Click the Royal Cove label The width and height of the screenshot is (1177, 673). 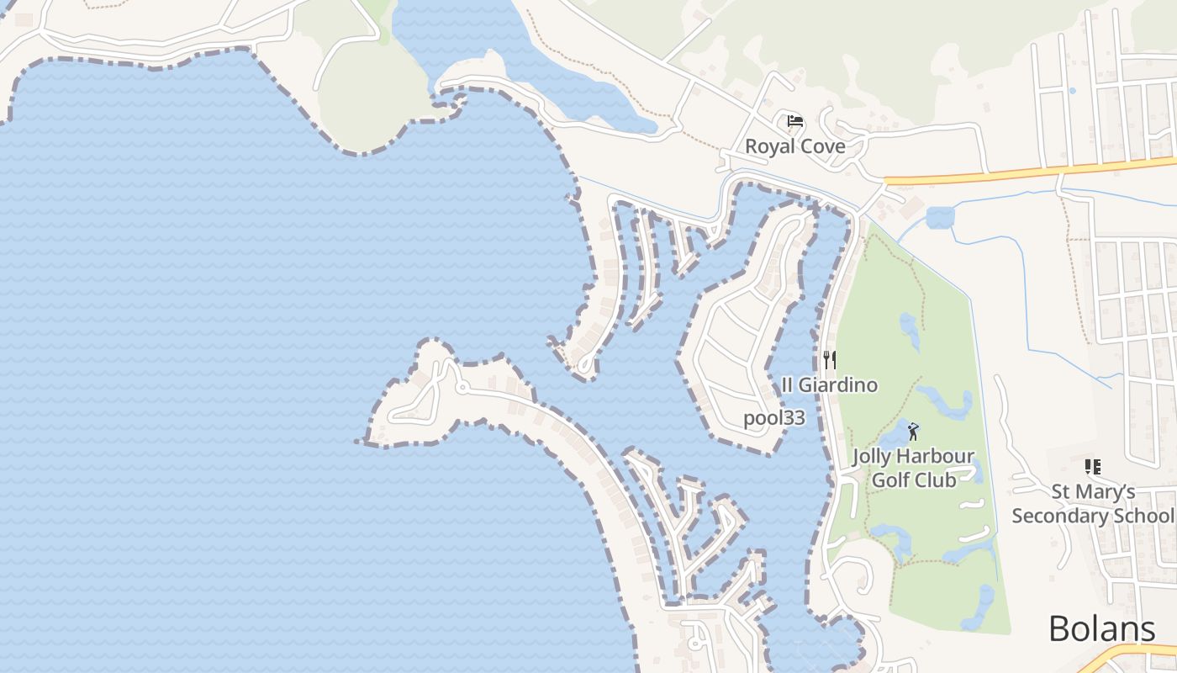(x=795, y=146)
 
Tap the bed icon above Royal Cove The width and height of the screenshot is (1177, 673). (x=794, y=121)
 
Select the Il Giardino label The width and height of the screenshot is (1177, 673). (x=829, y=385)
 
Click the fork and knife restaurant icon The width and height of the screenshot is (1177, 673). (x=829, y=360)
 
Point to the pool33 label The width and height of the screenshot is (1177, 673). (x=774, y=418)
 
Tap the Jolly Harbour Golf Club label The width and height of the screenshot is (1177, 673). (x=913, y=469)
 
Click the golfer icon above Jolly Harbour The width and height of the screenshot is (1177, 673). (x=913, y=432)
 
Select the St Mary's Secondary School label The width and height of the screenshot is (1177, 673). (x=1092, y=503)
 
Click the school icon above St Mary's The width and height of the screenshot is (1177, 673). (x=1092, y=467)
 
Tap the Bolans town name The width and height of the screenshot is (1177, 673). (x=1101, y=629)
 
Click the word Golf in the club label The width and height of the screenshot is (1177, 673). (x=890, y=480)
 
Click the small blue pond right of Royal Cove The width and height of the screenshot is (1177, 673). (x=940, y=218)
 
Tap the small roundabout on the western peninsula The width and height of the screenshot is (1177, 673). (x=462, y=388)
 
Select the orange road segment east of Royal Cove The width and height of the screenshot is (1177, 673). (x=1034, y=171)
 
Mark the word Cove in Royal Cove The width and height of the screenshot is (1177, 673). (x=822, y=146)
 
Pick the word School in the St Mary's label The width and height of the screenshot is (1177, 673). (x=1149, y=515)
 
